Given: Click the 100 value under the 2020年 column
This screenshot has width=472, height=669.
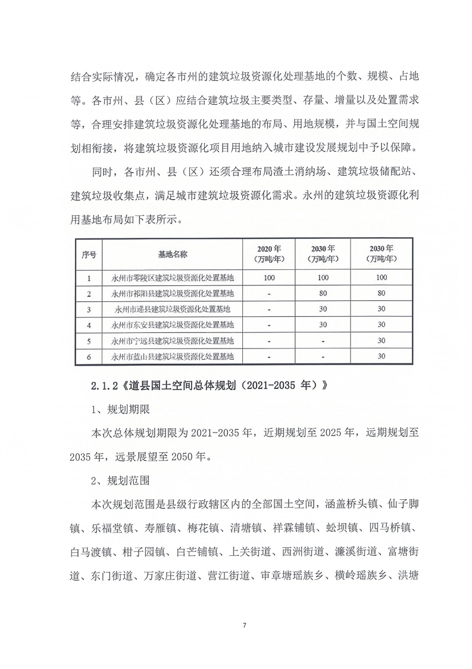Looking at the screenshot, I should (269, 278).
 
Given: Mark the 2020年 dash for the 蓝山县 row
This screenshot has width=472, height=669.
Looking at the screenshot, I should (269, 357).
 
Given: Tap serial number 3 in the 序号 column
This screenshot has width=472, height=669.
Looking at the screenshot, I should (89, 310).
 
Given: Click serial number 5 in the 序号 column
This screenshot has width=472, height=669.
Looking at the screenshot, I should (89, 341).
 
